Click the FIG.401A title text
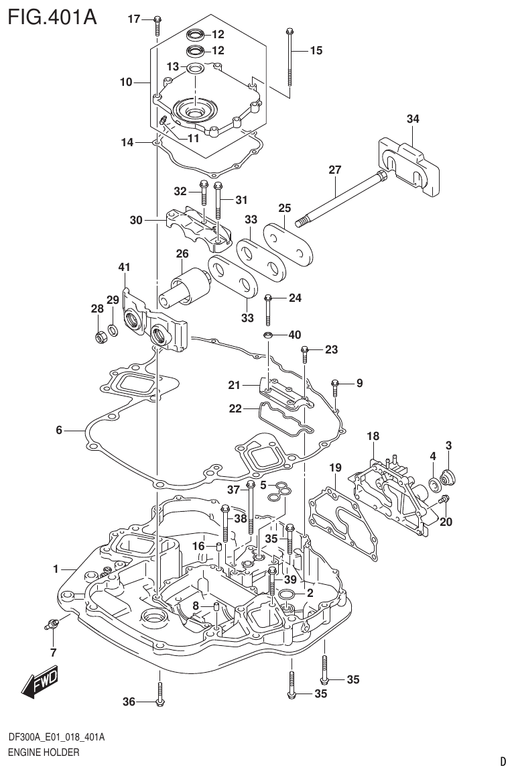[x=52, y=16]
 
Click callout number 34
[x=413, y=119]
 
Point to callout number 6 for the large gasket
[x=59, y=430]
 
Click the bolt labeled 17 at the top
[x=155, y=24]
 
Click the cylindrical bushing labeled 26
[x=183, y=285]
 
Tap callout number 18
[x=373, y=437]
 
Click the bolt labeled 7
[x=52, y=624]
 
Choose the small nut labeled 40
[x=267, y=335]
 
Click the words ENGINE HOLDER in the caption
[x=44, y=753]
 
